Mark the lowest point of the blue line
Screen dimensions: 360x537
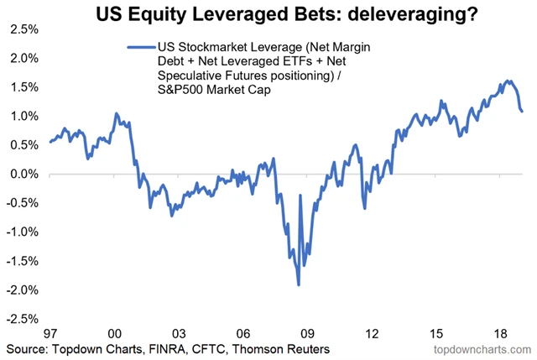(x=299, y=285)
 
